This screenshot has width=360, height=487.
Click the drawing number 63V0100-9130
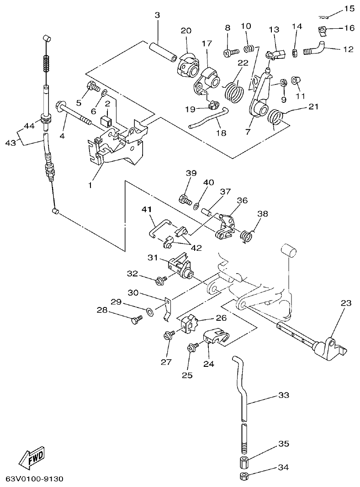[35, 479]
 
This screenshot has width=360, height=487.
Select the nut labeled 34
[244, 477]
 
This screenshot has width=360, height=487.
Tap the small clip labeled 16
[323, 31]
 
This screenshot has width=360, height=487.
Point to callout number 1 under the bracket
[90, 185]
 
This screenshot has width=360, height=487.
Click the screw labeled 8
[231, 53]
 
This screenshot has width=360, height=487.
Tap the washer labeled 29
[150, 312]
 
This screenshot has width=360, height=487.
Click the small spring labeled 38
[247, 235]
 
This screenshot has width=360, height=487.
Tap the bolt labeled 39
[185, 200]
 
